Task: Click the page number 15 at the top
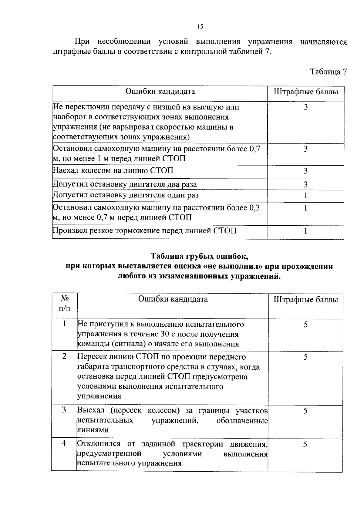pyautogui.click(x=200, y=27)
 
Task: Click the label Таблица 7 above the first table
pyautogui.click(x=328, y=72)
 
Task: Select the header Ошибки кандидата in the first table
pyautogui.click(x=160, y=91)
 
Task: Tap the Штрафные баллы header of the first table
pyautogui.click(x=306, y=92)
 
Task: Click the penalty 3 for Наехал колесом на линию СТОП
pyautogui.click(x=306, y=171)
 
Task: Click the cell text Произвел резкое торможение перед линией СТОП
pyautogui.click(x=144, y=231)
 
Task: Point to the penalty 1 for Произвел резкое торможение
pyautogui.click(x=306, y=231)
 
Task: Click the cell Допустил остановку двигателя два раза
pyautogui.click(x=125, y=184)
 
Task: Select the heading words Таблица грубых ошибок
pyautogui.click(x=200, y=256)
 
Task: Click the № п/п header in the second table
pyautogui.click(x=64, y=304)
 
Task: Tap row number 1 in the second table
pyautogui.click(x=64, y=324)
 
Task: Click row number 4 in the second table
pyautogui.click(x=64, y=443)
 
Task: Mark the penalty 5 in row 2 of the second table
pyautogui.click(x=306, y=357)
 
